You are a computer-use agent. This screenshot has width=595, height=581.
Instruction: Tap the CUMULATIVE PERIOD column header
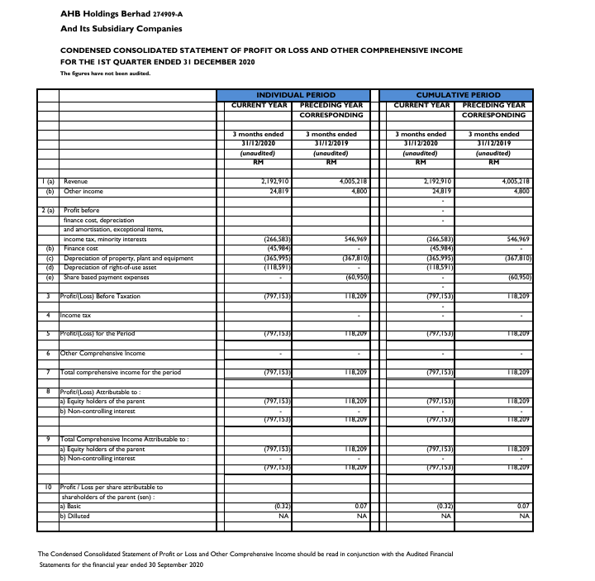[458, 95]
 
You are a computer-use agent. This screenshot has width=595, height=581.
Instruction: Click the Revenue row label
[75, 181]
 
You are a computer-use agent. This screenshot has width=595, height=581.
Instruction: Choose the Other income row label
[82, 191]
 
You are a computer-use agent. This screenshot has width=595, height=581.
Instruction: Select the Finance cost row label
[81, 249]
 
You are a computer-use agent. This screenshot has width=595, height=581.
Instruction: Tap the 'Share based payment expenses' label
[107, 277]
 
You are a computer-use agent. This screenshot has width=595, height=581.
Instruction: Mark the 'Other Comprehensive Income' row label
[102, 353]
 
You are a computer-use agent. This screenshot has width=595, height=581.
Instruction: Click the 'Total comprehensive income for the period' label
[121, 373]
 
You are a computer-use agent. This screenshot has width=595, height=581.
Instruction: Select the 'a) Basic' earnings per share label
[72, 506]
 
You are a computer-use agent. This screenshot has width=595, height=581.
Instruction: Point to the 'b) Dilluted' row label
[74, 516]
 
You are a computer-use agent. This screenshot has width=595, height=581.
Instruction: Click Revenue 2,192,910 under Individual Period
[270, 181]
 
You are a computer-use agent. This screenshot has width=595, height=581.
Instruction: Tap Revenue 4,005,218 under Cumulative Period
[510, 181]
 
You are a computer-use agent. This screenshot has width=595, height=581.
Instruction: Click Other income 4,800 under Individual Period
[356, 191]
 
